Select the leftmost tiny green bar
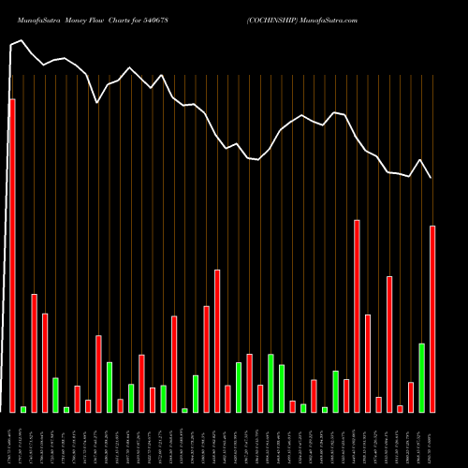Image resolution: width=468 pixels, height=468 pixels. click(23, 409)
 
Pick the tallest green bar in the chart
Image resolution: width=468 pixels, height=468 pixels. click(421, 377)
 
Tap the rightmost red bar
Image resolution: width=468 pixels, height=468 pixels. click(432, 318)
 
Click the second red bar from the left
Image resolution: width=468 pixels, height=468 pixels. click(35, 353)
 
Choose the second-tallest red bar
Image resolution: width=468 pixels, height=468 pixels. click(357, 315)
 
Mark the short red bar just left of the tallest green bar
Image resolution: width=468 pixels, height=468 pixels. click(410, 397)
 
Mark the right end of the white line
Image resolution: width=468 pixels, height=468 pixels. click(431, 178)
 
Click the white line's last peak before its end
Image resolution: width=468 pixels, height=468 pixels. click(421, 160)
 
